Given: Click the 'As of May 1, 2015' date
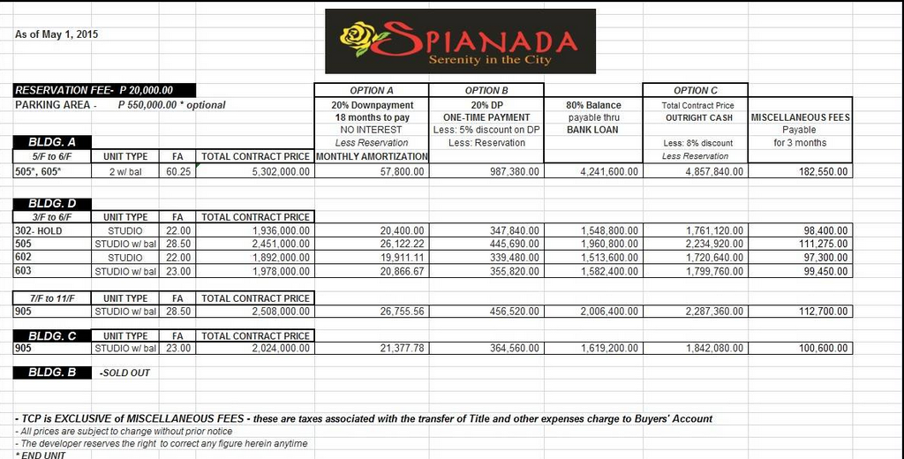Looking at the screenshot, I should pyautogui.click(x=56, y=34).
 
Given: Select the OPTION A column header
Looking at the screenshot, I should pyautogui.click(x=372, y=90).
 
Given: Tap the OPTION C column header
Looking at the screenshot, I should pyautogui.click(x=696, y=90).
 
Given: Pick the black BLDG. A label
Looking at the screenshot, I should pyautogui.click(x=52, y=142).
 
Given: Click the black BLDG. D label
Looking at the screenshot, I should pyautogui.click(x=52, y=204).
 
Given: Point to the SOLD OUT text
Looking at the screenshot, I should pyautogui.click(x=124, y=372).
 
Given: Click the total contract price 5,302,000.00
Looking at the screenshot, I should pyautogui.click(x=273, y=171).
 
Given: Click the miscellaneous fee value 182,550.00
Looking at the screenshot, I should pyautogui.click(x=818, y=171).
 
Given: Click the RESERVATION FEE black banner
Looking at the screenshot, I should pyautogui.click(x=104, y=90).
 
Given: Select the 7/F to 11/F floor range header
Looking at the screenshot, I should pyautogui.click(x=51, y=298).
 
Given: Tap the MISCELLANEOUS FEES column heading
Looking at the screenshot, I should pyautogui.click(x=800, y=117).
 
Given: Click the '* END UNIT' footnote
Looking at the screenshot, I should pyautogui.click(x=41, y=455).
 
